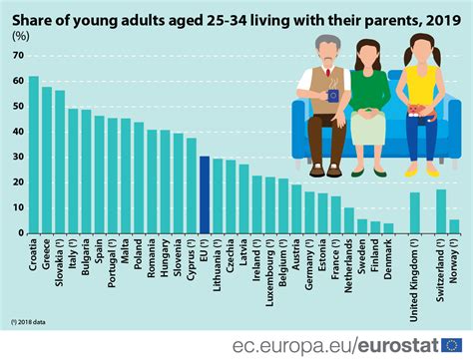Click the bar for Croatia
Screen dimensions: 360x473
pyautogui.click(x=34, y=155)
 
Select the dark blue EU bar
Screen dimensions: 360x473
pyautogui.click(x=205, y=194)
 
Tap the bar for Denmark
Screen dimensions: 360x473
pyautogui.click(x=388, y=227)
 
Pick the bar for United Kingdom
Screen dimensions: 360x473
pyautogui.click(x=414, y=212)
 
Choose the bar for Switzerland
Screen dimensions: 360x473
pyautogui.click(x=441, y=210)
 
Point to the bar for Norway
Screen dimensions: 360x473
pyautogui.click(x=454, y=226)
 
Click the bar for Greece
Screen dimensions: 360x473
pyautogui.click(x=47, y=160)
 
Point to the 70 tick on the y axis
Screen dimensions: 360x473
pyautogui.click(x=18, y=56)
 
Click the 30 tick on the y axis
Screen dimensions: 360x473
pyautogui.click(x=18, y=158)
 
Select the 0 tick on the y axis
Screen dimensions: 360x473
pyautogui.click(x=21, y=233)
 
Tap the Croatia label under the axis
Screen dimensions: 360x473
pyautogui.click(x=34, y=255)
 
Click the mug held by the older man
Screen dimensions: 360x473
pyautogui.click(x=332, y=96)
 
